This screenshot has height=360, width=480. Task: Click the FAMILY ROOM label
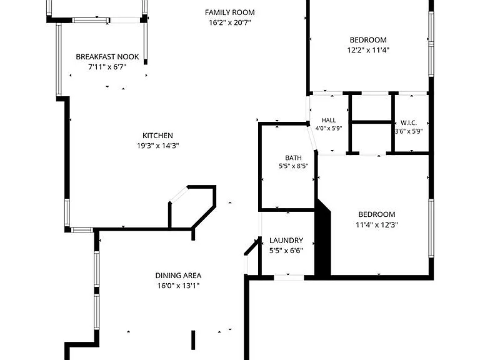point(229,12)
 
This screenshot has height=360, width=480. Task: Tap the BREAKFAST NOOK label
point(107,57)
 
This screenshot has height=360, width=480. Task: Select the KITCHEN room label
point(157,135)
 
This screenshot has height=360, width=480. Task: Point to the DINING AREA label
point(178,276)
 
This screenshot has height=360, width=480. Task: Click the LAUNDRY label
point(286,240)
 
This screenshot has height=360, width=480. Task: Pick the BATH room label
point(293,158)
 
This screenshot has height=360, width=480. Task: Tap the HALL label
point(329,120)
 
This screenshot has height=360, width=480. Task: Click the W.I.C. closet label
point(409,123)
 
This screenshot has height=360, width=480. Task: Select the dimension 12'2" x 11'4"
point(368,50)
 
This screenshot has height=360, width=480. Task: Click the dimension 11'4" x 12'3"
point(376,225)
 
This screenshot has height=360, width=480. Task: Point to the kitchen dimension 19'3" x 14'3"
point(157,146)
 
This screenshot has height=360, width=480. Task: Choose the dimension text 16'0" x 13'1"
point(178,286)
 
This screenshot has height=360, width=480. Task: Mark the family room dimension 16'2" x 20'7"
point(229,22)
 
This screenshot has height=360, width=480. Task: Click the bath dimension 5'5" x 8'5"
point(293,166)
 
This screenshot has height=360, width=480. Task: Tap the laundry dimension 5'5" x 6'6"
point(286,251)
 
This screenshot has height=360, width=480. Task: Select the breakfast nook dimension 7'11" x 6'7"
point(107,67)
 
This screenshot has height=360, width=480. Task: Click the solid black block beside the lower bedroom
point(323,239)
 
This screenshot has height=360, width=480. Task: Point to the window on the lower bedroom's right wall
point(431,228)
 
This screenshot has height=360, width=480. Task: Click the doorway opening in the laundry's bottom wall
point(289,277)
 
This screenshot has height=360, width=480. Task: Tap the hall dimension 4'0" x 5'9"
point(329,129)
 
